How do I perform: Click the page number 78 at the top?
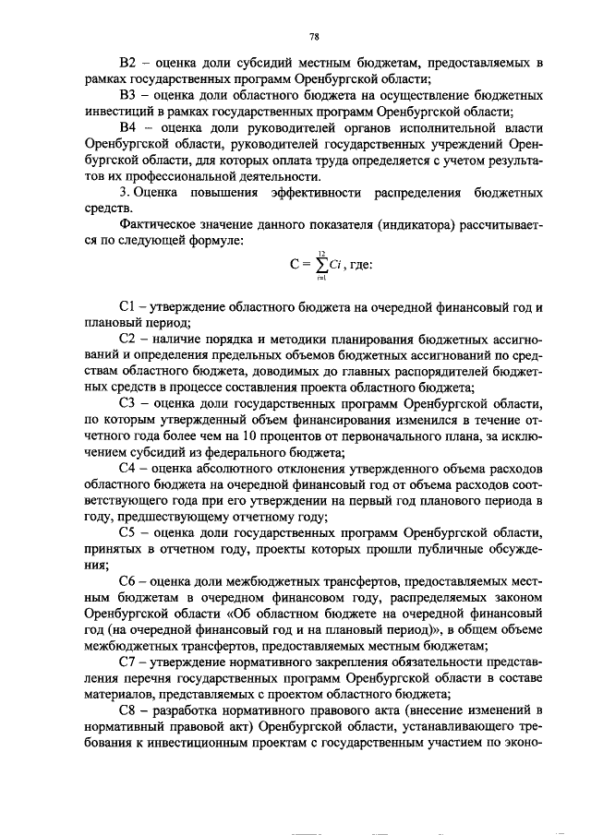[x=314, y=37]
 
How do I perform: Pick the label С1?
[x=128, y=305]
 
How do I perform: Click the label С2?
[x=128, y=338]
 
